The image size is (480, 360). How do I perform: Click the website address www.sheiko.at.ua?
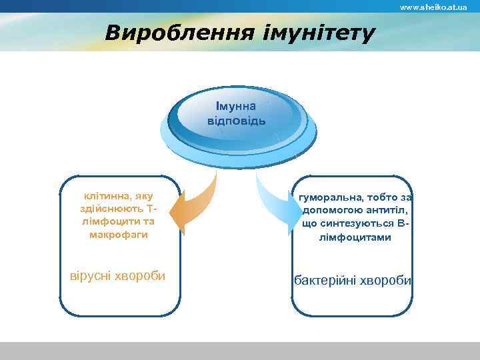pos(433,7)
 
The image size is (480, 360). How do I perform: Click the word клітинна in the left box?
pos(107,196)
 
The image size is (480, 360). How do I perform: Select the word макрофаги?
pos(118,235)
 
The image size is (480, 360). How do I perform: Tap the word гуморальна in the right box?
pos(331,198)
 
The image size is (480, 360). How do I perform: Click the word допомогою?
pos(330,211)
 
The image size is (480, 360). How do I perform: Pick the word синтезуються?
pos(347,223)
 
